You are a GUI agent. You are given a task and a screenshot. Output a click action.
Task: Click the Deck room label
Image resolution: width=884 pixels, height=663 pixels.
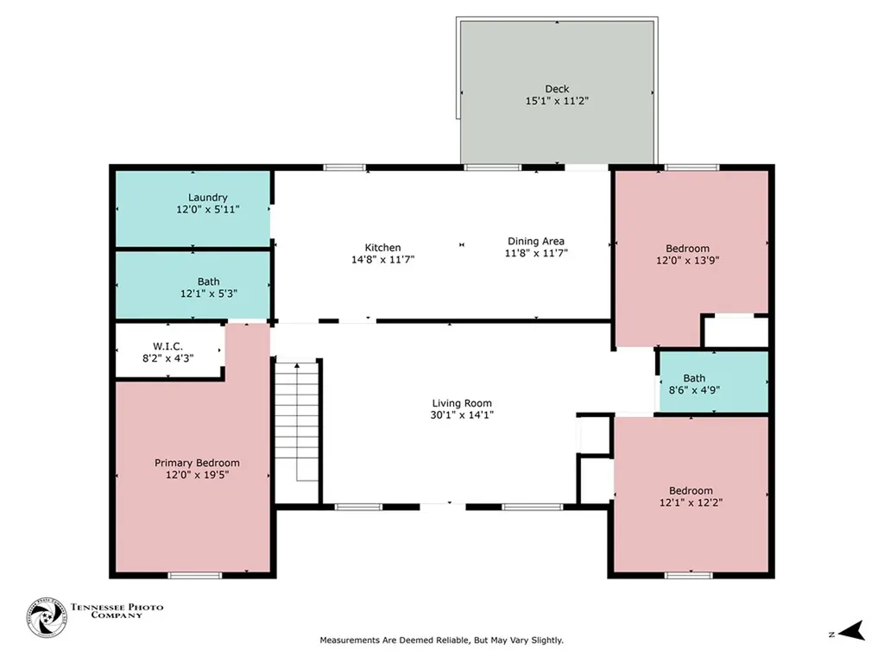[x=557, y=89]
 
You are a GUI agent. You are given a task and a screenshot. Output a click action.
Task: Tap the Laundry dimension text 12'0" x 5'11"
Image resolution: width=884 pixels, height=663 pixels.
[x=208, y=210]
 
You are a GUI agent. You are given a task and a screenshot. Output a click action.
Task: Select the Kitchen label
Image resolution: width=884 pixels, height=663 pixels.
[x=382, y=248]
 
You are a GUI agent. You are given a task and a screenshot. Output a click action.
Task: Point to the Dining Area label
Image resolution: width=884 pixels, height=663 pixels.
[x=536, y=242]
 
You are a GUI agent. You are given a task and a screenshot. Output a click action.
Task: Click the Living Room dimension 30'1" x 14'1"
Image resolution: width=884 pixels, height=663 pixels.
[x=462, y=415]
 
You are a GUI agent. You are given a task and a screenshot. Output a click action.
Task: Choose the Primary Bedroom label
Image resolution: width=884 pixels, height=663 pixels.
[x=198, y=463]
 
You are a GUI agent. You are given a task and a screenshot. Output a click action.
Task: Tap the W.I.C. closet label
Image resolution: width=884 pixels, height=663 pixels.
[x=168, y=346]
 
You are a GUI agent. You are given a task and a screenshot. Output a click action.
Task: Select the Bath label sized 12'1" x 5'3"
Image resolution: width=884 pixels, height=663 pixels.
[x=209, y=281]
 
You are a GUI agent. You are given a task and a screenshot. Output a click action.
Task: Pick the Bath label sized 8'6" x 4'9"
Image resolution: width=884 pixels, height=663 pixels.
[x=695, y=378]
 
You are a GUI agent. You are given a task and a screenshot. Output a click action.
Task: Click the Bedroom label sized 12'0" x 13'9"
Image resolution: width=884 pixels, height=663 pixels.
[x=688, y=249]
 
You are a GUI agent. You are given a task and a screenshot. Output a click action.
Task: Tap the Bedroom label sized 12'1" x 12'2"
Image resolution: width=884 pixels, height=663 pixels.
[x=691, y=490]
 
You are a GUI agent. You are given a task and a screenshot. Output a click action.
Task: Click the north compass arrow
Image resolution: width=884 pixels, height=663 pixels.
[x=851, y=631]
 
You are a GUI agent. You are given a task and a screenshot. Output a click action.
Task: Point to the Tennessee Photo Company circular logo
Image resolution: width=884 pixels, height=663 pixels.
[x=47, y=618]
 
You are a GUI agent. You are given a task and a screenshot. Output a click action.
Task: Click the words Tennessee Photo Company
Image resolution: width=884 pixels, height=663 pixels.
[x=117, y=611]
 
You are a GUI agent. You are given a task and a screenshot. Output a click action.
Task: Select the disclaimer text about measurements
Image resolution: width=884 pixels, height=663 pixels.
[x=441, y=641]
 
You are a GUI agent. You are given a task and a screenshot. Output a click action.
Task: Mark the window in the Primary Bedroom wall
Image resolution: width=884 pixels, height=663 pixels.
[x=195, y=575]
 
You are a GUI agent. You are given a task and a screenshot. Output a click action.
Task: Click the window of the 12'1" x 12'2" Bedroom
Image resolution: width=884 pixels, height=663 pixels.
[x=688, y=575]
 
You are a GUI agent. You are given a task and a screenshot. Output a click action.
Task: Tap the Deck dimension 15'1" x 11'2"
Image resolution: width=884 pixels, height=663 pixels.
[x=557, y=102]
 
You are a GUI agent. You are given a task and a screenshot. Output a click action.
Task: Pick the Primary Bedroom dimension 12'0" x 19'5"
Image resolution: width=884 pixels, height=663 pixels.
[x=198, y=476]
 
